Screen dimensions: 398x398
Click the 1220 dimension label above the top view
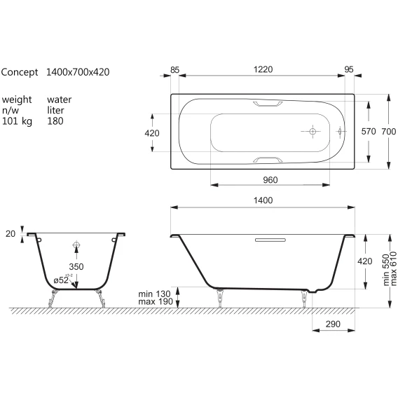[263, 69]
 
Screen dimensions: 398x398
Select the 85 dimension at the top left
[174, 70]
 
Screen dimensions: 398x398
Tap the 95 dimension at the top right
[349, 69]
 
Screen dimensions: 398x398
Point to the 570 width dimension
[369, 132]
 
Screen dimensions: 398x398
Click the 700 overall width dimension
[389, 132]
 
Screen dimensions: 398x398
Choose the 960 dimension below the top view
[270, 180]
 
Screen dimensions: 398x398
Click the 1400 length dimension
[263, 200]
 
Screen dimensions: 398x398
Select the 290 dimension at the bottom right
[333, 324]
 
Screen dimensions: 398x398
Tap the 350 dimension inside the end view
[76, 266]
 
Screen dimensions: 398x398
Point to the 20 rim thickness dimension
[11, 234]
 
